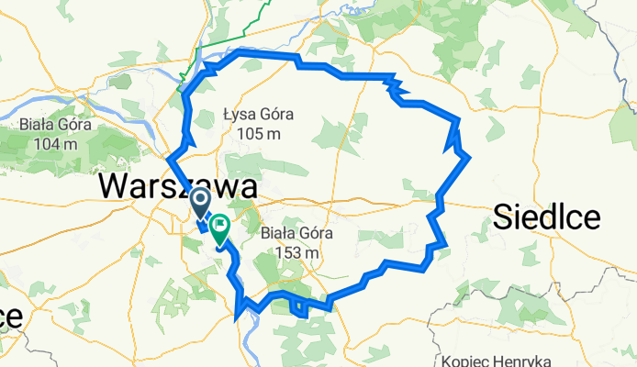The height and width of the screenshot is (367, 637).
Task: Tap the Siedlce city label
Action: (x=546, y=217)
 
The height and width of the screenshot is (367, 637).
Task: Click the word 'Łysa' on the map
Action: (x=240, y=116)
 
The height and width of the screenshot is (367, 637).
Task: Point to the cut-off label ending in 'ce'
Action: (x=10, y=317)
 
